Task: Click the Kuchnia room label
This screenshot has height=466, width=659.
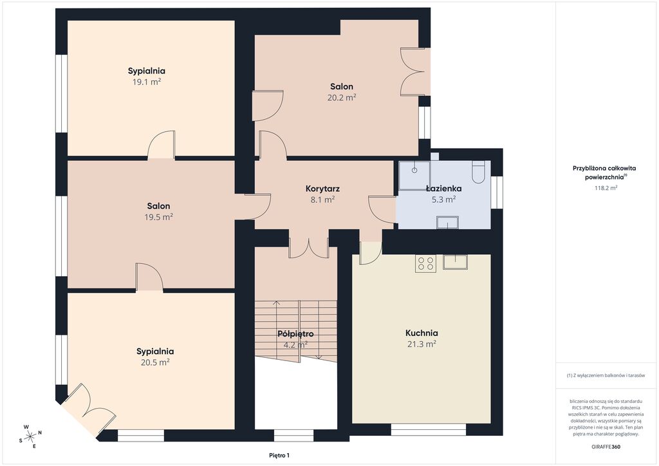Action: click(x=422, y=333)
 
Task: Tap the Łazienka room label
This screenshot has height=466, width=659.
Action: click(x=443, y=188)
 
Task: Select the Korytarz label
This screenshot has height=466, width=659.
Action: click(x=322, y=189)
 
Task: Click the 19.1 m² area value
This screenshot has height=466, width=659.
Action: click(x=147, y=82)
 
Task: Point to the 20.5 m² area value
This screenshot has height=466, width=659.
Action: click(x=155, y=362)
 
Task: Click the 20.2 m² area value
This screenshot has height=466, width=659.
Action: click(x=342, y=97)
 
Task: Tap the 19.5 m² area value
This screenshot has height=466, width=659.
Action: click(x=158, y=217)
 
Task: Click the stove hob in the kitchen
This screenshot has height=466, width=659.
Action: click(x=425, y=263)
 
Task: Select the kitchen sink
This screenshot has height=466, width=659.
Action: click(x=455, y=262)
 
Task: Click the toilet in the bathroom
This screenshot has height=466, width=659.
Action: click(x=478, y=172)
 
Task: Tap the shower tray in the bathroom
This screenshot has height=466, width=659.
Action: click(x=414, y=175)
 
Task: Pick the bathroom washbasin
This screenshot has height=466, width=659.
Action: click(x=448, y=222)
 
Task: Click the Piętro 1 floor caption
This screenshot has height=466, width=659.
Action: click(x=279, y=456)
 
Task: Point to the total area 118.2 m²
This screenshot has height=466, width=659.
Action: click(x=606, y=188)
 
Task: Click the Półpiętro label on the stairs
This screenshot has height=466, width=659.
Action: click(x=295, y=335)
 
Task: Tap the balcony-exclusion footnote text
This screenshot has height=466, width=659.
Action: click(x=606, y=375)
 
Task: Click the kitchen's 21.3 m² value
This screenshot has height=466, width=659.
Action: click(x=422, y=344)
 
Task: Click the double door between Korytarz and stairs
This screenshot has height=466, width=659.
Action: click(x=309, y=248)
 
